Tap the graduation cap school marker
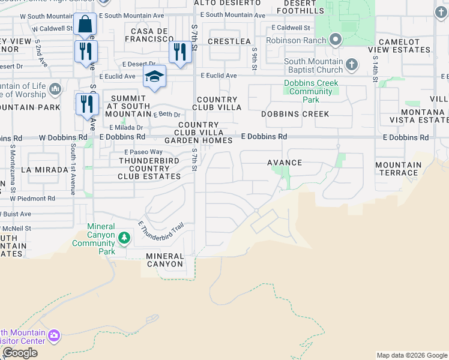154,77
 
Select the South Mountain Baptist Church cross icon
352,64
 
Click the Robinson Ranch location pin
336,40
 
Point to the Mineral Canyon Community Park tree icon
124,238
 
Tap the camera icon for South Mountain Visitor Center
54,335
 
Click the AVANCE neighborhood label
284,163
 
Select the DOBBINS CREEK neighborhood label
295,114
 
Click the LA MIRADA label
44,170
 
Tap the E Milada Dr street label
126,127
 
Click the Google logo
20,353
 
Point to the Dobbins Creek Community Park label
310,92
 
